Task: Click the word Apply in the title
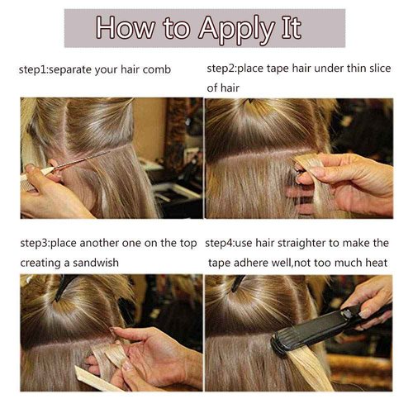(236, 30)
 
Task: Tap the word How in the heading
(126, 27)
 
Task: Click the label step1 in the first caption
(33, 70)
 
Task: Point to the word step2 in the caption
(221, 69)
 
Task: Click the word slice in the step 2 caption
(380, 68)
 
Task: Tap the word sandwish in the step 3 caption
(96, 263)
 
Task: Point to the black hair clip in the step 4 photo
(237, 283)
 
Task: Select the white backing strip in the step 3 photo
(95, 379)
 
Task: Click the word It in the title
(291, 27)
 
